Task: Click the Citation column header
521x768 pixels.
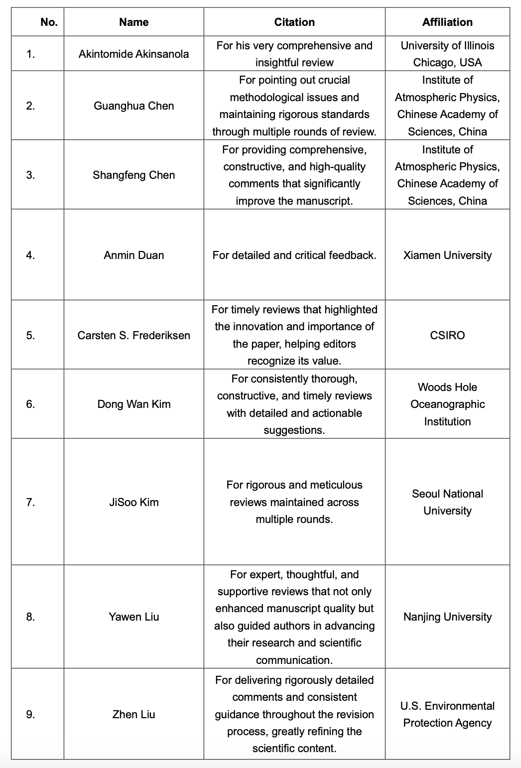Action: (294, 22)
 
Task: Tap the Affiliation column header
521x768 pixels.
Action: (447, 22)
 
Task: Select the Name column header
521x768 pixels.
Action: (133, 22)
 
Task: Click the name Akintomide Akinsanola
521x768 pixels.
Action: (133, 54)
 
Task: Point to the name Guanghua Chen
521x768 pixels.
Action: (133, 106)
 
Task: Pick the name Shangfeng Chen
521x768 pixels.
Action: (133, 175)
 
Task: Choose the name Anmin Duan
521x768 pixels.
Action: (133, 255)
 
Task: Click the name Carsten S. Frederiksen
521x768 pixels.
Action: (133, 335)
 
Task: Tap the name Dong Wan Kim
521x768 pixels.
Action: (133, 404)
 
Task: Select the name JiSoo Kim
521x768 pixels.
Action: (133, 502)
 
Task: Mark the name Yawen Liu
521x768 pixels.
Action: (133, 617)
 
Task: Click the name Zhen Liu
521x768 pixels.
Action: (133, 714)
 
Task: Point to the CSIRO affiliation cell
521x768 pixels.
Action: (447, 335)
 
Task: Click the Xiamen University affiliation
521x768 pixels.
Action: (447, 255)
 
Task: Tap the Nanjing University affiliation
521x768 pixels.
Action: (447, 617)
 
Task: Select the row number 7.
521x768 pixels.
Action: (30, 502)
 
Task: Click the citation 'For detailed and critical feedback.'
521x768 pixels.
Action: (294, 255)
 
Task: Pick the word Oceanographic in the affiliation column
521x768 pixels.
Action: (447, 404)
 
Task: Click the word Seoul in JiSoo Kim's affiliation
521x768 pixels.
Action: (424, 494)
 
